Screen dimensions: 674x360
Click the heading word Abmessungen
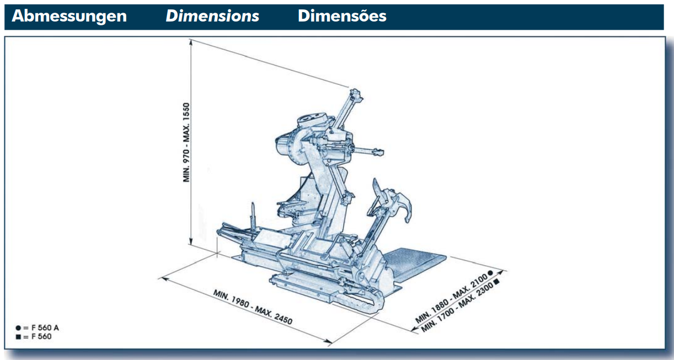tap(69, 16)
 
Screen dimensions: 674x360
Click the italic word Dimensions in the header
tap(212, 16)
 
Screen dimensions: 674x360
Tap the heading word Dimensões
tap(342, 15)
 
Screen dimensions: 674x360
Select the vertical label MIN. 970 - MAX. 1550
tap(186, 142)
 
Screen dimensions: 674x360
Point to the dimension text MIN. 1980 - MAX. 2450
tap(253, 307)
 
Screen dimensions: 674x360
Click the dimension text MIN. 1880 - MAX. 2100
tap(451, 298)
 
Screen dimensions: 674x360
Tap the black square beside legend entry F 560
tap(18, 337)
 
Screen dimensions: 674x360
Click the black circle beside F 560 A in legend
tap(18, 328)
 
